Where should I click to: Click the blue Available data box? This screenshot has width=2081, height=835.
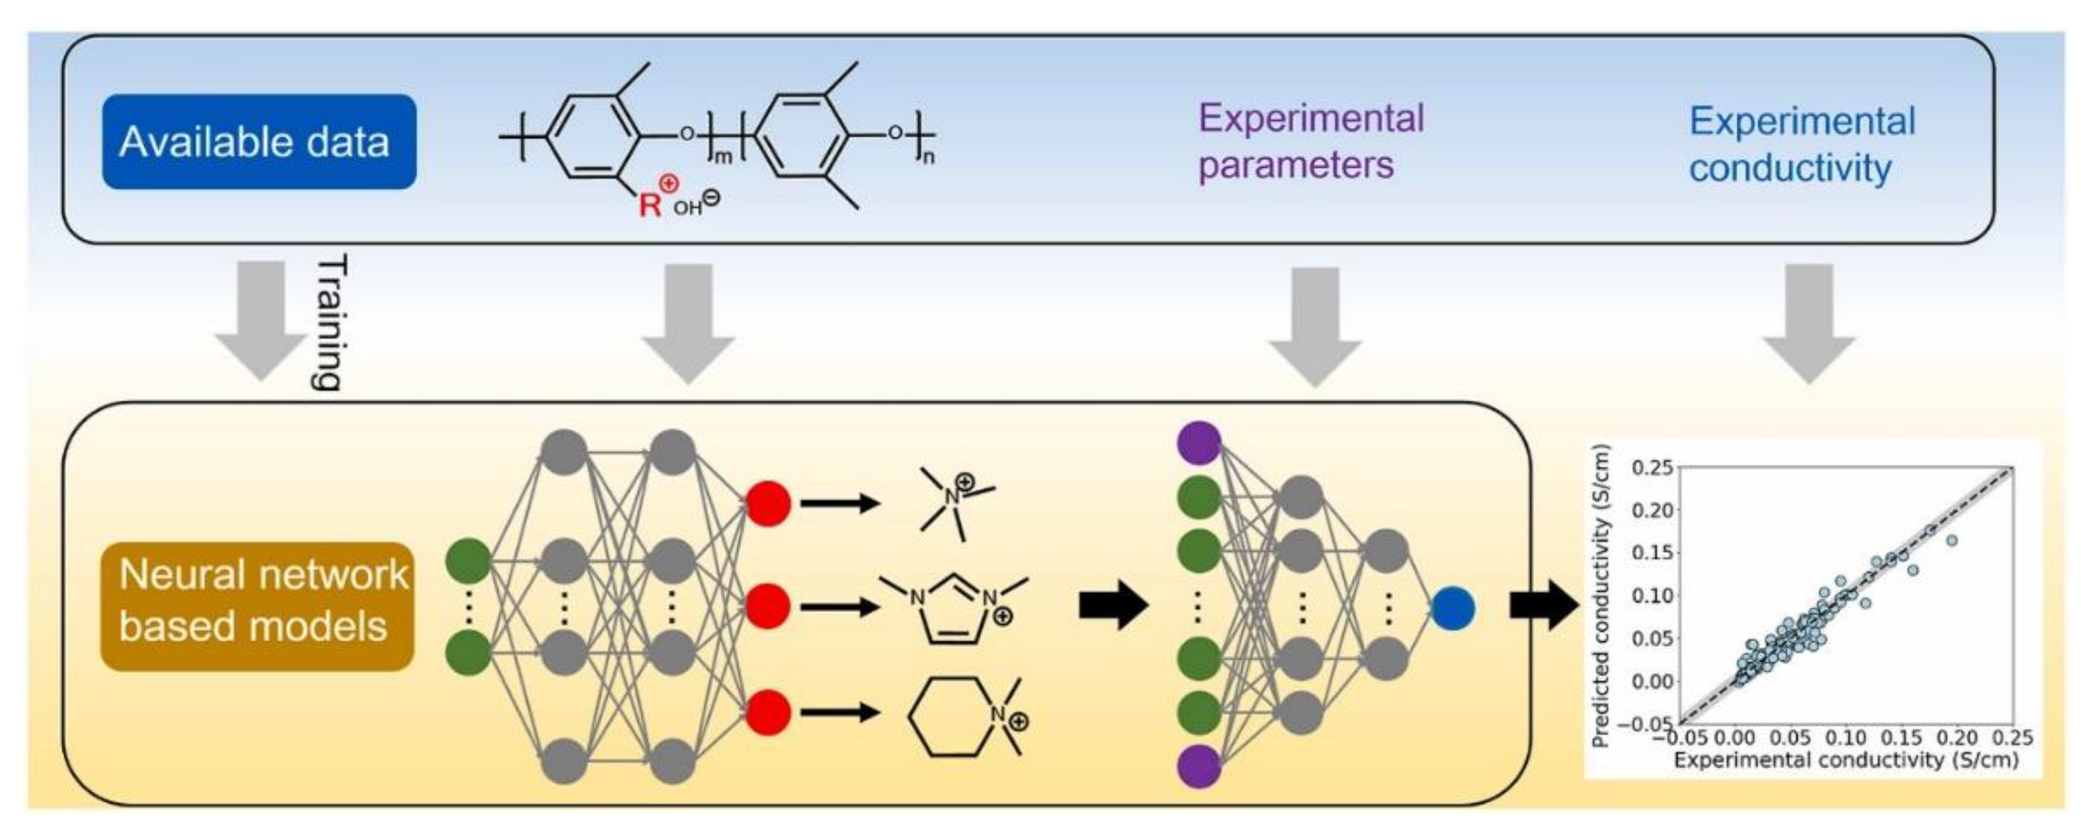pos(259,142)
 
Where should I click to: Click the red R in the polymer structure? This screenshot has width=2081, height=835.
pos(649,205)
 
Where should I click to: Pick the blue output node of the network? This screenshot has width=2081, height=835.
pos(1452,609)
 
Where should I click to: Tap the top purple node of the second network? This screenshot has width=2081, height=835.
pos(1199,442)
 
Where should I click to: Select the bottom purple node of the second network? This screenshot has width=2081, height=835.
pos(1199,765)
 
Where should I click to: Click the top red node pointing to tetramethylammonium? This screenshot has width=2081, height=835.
pos(767,503)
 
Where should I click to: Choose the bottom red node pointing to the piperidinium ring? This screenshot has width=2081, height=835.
pos(767,712)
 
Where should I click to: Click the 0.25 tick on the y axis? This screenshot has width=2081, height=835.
pos(1651,468)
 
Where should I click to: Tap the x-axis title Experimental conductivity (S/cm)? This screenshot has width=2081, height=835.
pos(1845,760)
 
